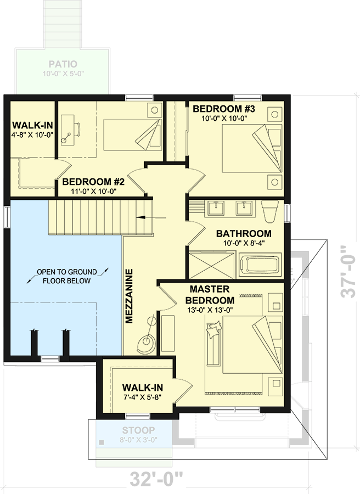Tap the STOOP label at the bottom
[x=138, y=430]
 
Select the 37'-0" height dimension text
[x=349, y=271]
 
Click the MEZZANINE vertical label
[x=130, y=296]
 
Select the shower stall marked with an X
[x=213, y=265]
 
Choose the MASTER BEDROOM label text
[x=210, y=295]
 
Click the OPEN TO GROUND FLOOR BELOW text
[x=66, y=276]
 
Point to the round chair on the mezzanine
[x=147, y=341]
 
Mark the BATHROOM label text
[x=243, y=234]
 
